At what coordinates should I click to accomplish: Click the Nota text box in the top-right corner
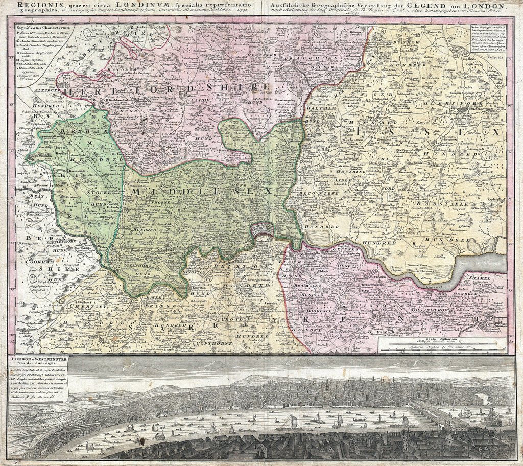pos(489,46)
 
